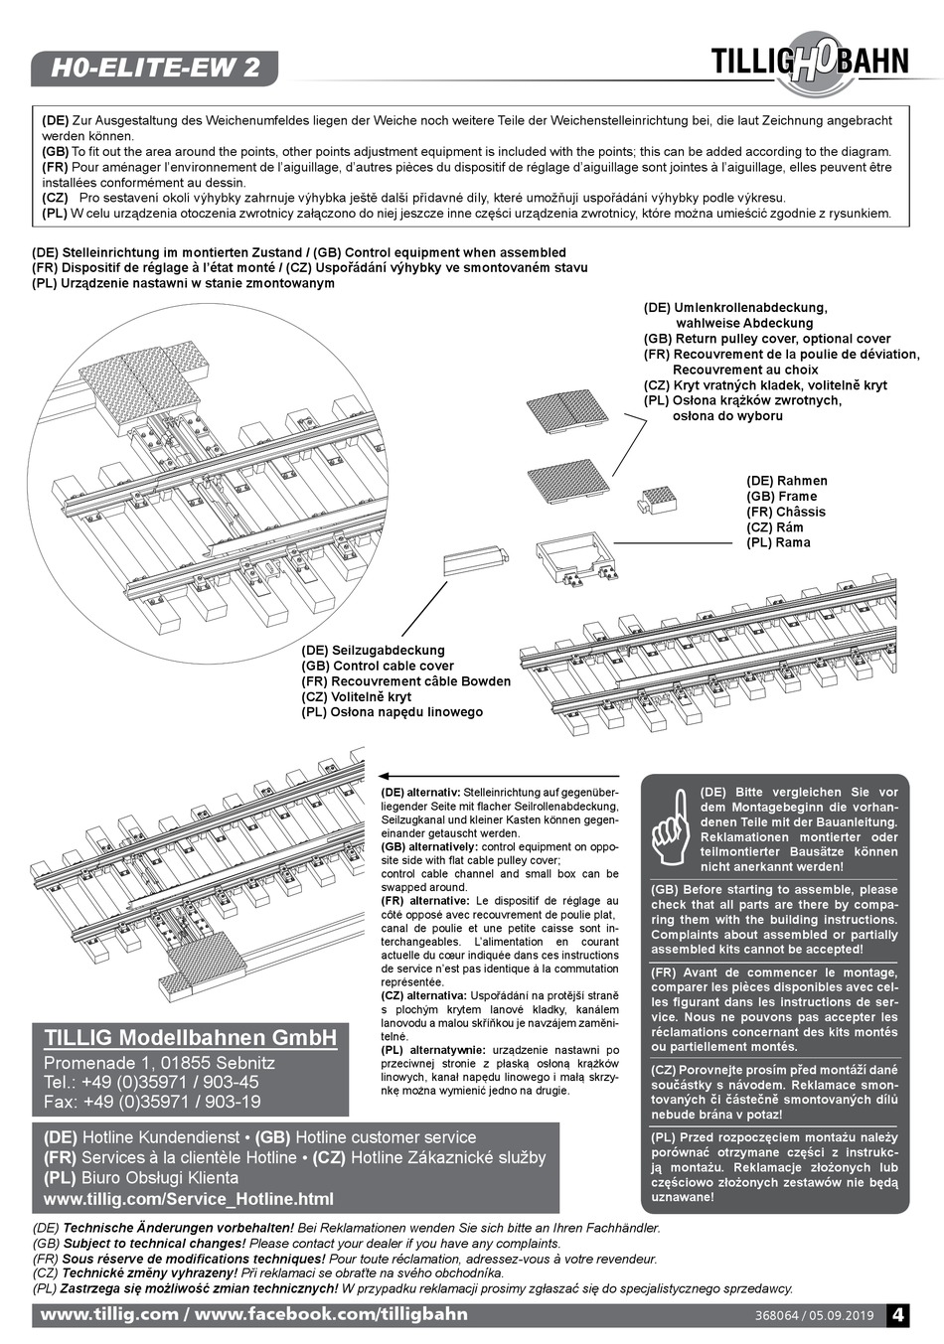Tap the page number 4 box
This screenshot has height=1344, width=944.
coord(897,1314)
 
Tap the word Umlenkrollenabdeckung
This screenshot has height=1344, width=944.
coord(750,308)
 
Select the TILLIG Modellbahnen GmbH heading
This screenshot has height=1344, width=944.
coord(190,1038)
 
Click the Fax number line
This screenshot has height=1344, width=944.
coord(152,1102)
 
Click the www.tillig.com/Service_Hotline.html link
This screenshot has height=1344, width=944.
coord(188,1199)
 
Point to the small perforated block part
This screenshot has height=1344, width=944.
coord(659,500)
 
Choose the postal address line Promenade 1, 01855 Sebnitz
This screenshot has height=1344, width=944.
coord(159,1063)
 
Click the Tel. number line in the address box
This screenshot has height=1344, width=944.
coord(151,1082)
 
